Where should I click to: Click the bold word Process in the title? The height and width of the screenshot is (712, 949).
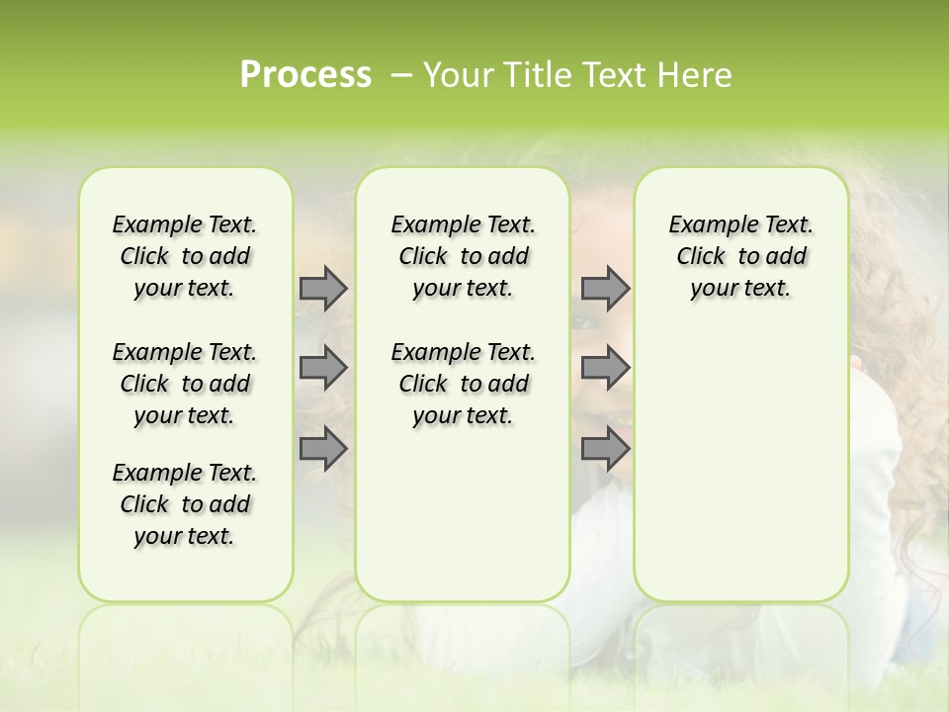[305, 75]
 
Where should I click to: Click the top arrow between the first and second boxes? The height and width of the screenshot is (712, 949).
[323, 288]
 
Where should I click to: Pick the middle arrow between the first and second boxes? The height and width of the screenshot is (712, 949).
[323, 368]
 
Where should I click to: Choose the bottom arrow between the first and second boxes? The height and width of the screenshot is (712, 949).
[323, 448]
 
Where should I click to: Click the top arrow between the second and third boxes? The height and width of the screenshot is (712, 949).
[605, 288]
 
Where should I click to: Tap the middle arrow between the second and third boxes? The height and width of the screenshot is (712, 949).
[605, 368]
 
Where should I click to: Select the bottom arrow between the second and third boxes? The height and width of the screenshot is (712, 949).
[605, 448]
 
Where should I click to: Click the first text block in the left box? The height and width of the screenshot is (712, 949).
[185, 256]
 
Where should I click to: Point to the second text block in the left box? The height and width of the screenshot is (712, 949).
[185, 384]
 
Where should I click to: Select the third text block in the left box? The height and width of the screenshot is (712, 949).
[185, 504]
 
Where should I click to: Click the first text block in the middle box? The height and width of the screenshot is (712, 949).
[463, 256]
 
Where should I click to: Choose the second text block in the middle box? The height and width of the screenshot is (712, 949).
[463, 384]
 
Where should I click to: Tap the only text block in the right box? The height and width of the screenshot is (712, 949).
[740, 256]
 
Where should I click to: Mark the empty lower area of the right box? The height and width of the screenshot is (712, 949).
[740, 465]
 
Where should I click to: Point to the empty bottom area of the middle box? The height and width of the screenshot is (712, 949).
[463, 524]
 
